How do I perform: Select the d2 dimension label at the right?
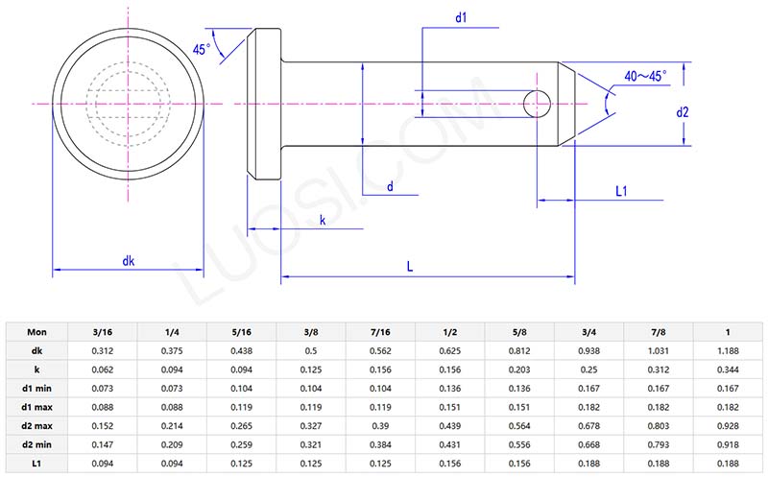tap(683, 111)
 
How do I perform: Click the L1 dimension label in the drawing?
tap(621, 191)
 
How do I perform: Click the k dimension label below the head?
tap(322, 221)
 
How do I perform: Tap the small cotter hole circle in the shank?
tap(538, 103)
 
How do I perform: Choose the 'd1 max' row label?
tap(36, 408)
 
